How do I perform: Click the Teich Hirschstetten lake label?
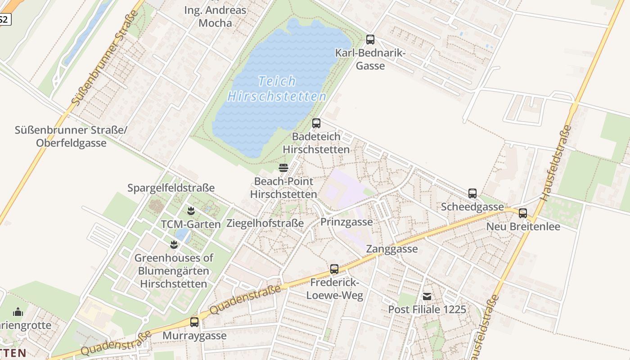[x=277, y=89]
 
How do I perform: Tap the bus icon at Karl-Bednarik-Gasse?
[x=370, y=40]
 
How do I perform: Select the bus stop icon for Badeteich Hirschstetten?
[x=316, y=123]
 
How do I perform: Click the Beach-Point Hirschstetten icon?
[x=283, y=168]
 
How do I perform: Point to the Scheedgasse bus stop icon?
[x=472, y=193]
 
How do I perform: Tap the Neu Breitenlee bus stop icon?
[x=523, y=213]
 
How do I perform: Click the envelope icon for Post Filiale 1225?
[x=427, y=297]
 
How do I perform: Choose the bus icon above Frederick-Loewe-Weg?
[x=334, y=269]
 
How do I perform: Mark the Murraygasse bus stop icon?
[x=194, y=322]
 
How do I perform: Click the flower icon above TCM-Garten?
[x=191, y=211]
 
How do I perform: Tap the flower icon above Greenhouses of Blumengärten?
[x=174, y=245]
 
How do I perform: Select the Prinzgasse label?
[x=346, y=222]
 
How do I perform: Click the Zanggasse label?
[x=392, y=249]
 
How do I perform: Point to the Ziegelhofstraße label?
[x=265, y=223]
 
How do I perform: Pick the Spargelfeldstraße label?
[x=171, y=188]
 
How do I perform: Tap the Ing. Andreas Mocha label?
[x=215, y=17]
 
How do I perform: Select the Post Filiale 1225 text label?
[x=427, y=310]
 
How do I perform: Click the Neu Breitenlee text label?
[x=523, y=226]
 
